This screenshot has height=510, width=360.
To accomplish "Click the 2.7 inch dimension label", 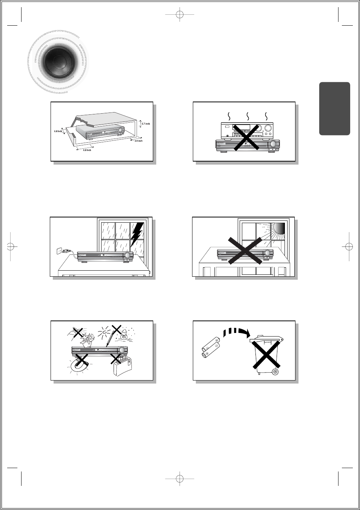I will tap(145, 124).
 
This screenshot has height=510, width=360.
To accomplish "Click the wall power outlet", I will tap(59, 250).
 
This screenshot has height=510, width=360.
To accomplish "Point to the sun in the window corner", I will tap(280, 228).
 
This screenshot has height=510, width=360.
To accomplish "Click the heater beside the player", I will tap(122, 366).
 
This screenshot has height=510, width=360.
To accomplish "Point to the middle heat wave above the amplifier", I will tap(248, 115).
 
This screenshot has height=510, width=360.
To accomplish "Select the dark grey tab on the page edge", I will tap(334, 109).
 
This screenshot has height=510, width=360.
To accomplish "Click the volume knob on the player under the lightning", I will tap(128, 256).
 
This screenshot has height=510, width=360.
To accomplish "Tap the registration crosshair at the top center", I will tap(180, 15).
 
